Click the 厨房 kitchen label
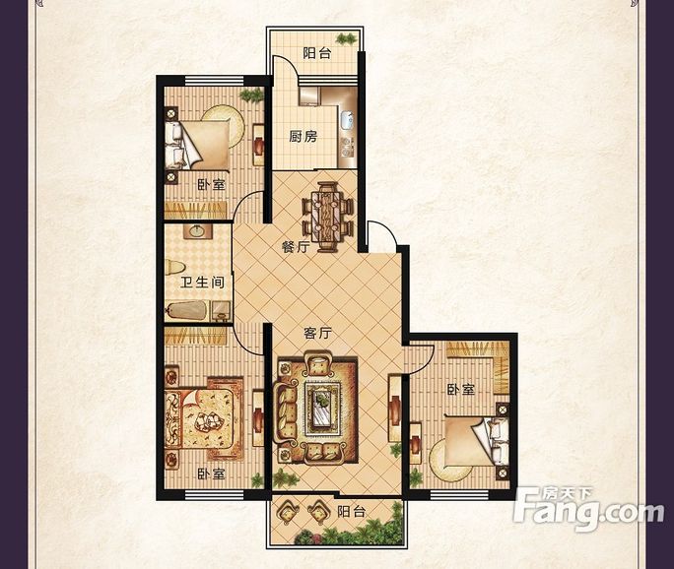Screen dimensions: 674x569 (x=303, y=137)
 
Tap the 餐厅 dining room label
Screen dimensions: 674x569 (x=296, y=247)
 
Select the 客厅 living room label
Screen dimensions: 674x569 (x=317, y=333)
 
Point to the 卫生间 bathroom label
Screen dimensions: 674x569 (x=202, y=283)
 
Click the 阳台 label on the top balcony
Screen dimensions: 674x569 (x=317, y=53)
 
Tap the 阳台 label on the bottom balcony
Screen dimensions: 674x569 (x=351, y=512)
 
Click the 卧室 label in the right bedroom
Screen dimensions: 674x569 (x=461, y=390)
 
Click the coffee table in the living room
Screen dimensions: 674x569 (x=322, y=404)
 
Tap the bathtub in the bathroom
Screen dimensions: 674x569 (x=186, y=310)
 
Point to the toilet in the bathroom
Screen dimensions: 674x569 (x=174, y=269)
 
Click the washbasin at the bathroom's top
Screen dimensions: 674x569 (x=197, y=231)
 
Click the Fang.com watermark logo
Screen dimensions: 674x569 (x=589, y=509)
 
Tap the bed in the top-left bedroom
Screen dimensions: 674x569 (x=197, y=145)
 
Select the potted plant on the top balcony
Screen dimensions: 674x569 (x=346, y=39)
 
